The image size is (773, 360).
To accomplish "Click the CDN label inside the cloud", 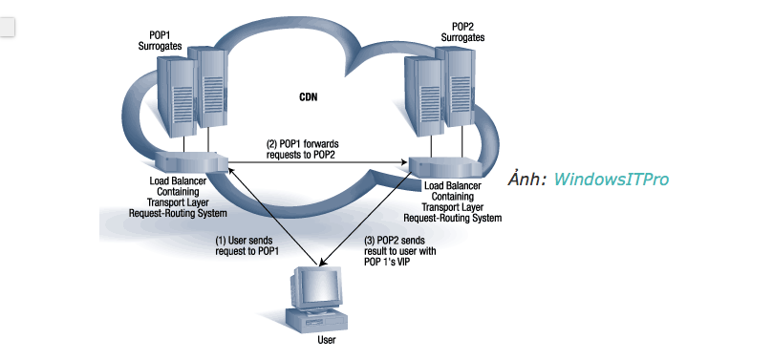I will click(x=309, y=97).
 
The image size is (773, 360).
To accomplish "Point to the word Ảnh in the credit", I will click(x=527, y=179).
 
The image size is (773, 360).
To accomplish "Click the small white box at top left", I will click(x=9, y=26).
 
